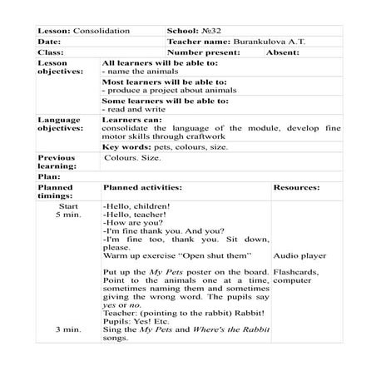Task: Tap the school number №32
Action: click(213, 31)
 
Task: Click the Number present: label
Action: click(203, 52)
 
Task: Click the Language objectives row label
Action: click(61, 125)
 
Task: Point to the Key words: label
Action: click(126, 146)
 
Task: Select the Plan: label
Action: click(50, 176)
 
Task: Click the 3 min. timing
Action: click(68, 329)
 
